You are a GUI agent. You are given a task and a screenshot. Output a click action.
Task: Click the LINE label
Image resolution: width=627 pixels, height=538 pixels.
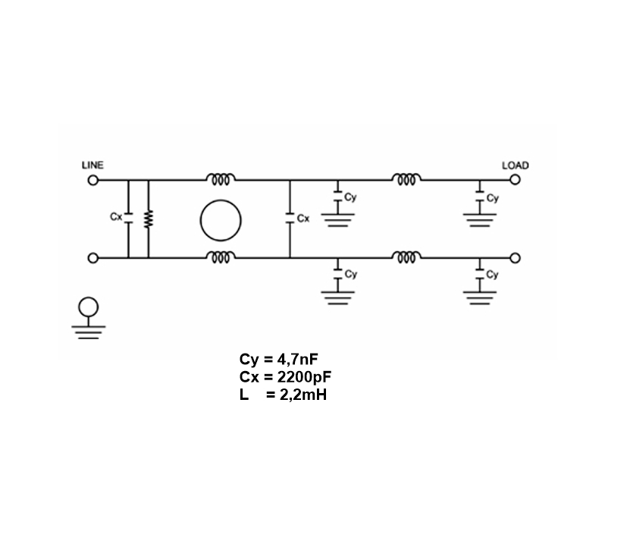point(92,165)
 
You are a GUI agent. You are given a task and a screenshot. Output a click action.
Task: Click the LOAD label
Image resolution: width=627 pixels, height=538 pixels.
point(516,165)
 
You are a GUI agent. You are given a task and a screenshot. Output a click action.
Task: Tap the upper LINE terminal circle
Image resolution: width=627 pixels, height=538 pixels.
point(92,180)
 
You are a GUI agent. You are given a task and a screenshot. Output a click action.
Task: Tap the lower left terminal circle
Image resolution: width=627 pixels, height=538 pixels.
point(92,258)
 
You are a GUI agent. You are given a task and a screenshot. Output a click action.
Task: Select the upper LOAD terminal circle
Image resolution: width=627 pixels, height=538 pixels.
point(515,180)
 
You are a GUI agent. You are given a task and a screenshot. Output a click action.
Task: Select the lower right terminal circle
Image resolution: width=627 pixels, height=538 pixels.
point(515,258)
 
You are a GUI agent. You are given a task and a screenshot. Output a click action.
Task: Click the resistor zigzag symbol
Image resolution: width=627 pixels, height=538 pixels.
point(149,219)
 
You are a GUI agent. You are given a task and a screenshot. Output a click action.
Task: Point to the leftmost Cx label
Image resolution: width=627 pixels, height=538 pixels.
point(115,216)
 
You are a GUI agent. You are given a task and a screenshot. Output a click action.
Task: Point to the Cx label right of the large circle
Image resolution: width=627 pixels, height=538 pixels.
point(303,219)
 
